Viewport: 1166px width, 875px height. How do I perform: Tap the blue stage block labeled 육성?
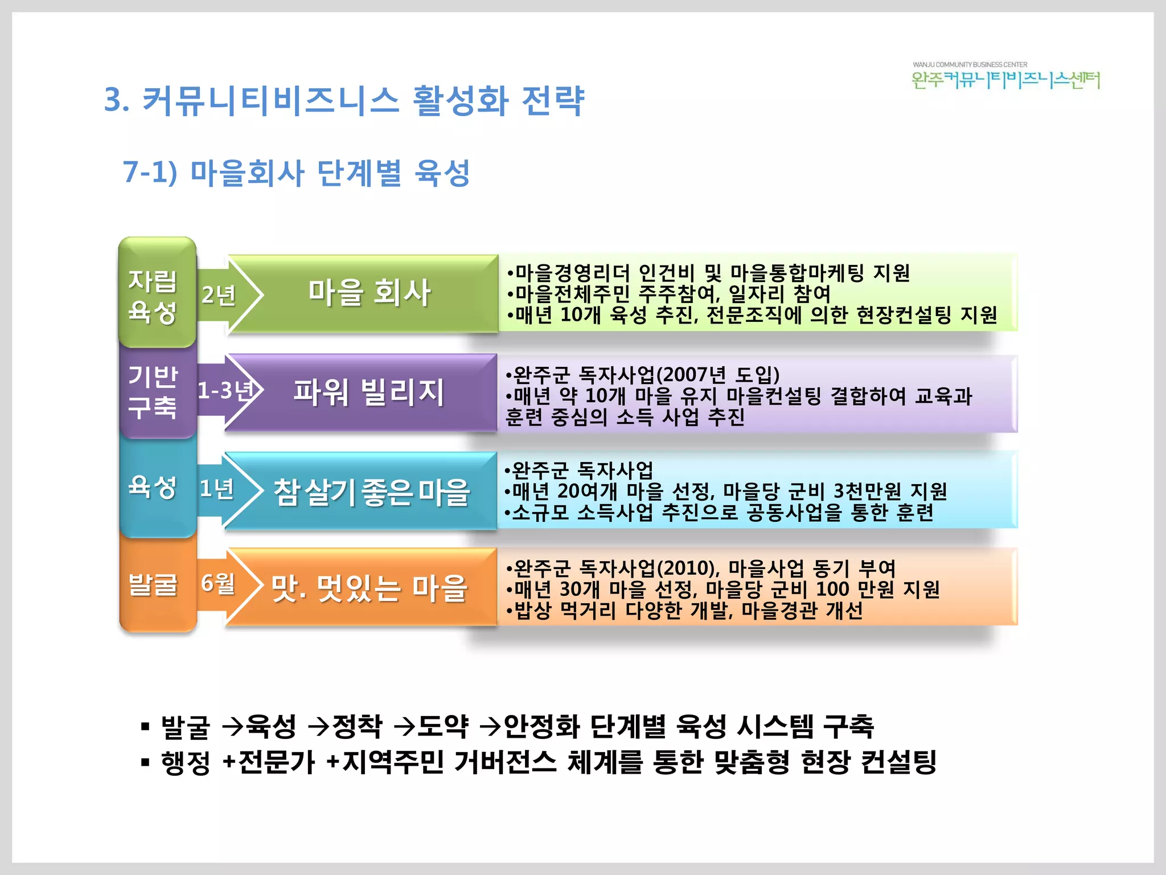click(153, 488)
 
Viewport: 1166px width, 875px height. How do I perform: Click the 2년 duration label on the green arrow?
click(219, 295)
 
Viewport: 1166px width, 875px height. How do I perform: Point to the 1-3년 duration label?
click(225, 391)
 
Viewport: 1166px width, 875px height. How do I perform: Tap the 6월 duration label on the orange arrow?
click(218, 583)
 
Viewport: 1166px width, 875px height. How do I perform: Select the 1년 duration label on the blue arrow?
click(217, 489)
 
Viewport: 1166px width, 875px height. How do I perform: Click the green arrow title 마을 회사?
click(369, 293)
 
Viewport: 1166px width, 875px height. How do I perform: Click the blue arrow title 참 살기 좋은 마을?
click(371, 492)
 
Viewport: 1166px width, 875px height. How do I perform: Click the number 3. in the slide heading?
click(116, 100)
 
